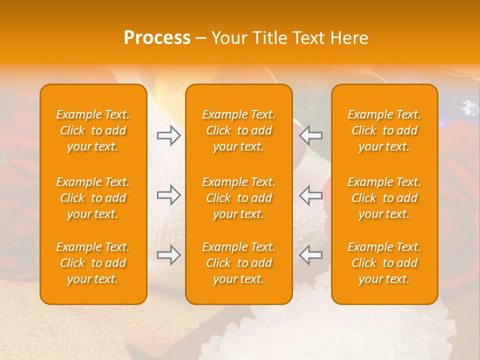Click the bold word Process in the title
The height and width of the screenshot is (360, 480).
pos(157,38)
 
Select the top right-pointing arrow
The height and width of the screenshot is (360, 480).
pos(168,135)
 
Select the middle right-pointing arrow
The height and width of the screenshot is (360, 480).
pos(168,195)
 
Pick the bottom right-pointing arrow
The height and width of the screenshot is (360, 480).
pos(168,255)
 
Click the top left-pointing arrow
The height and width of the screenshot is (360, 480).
pos(311,135)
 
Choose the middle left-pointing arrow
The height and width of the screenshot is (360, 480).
pos(311,195)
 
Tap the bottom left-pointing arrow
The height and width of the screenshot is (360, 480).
pos(311,255)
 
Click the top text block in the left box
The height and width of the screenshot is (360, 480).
pos(93,130)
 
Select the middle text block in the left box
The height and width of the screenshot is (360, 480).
pos(93,198)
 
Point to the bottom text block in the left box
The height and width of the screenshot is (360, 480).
pos(93,263)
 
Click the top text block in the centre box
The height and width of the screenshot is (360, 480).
pos(239,130)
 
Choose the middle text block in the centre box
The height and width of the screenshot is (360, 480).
pos(239,198)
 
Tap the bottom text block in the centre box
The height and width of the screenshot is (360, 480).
pos(239,263)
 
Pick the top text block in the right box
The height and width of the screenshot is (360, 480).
pos(384,130)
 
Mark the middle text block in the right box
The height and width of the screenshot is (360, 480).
pos(384,198)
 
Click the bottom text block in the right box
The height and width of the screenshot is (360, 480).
pos(384,263)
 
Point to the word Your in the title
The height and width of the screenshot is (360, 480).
pos(228,38)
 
